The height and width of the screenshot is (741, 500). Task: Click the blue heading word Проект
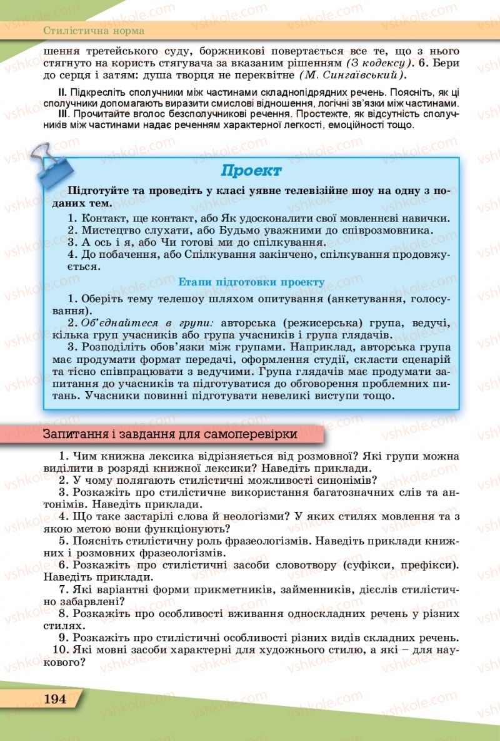pos(251,170)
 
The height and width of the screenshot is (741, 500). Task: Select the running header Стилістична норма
pos(94,30)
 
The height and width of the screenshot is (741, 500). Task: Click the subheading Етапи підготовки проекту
pos(251,282)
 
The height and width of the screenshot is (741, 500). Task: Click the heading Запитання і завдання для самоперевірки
pos(169,434)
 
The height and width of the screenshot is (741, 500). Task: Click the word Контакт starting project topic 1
pos(101,218)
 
